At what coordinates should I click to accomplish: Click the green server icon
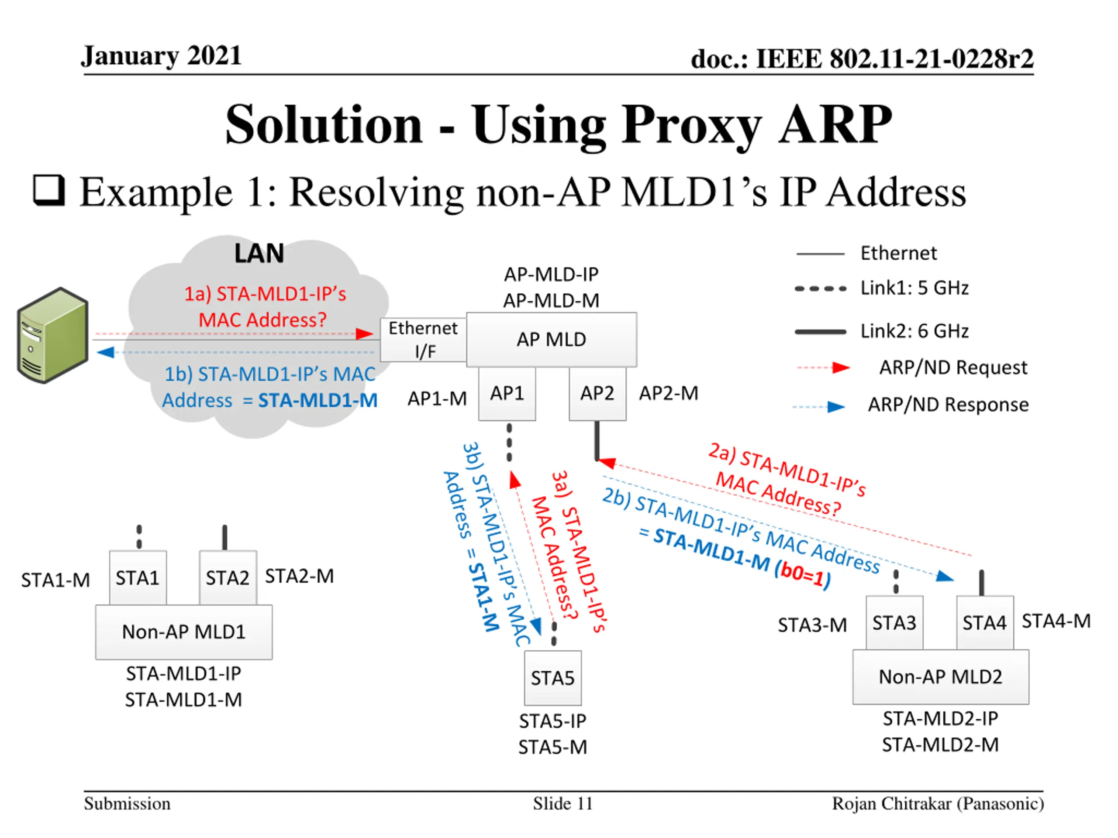click(52, 335)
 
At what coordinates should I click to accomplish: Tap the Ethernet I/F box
click(424, 340)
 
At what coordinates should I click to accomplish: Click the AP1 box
click(507, 394)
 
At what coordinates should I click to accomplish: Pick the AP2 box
click(597, 394)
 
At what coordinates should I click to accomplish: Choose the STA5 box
click(552, 678)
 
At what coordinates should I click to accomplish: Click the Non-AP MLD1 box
click(183, 632)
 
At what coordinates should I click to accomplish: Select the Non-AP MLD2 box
click(940, 677)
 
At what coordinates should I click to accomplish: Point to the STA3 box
click(894, 623)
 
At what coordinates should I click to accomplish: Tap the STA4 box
click(984, 623)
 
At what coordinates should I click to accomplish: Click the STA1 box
click(138, 578)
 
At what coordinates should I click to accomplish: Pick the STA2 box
click(228, 578)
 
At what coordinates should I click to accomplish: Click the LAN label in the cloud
click(259, 254)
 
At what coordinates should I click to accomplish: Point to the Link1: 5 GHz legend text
click(914, 288)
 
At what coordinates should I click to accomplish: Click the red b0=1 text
click(802, 577)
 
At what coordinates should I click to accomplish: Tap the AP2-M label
click(668, 394)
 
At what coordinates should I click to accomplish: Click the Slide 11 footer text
click(562, 804)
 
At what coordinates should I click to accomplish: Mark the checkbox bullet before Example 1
click(49, 191)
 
